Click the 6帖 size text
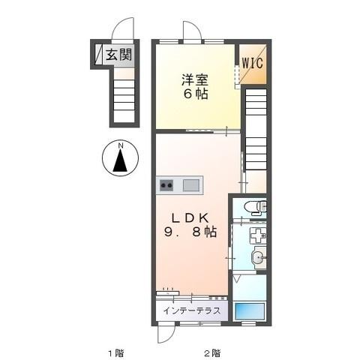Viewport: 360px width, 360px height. click(193, 94)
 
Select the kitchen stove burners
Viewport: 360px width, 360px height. click(166, 185)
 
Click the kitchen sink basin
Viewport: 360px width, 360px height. click(191, 185)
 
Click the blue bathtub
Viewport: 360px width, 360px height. click(250, 310)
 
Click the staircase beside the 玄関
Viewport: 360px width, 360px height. click(124, 96)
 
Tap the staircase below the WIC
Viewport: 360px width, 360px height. click(256, 127)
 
